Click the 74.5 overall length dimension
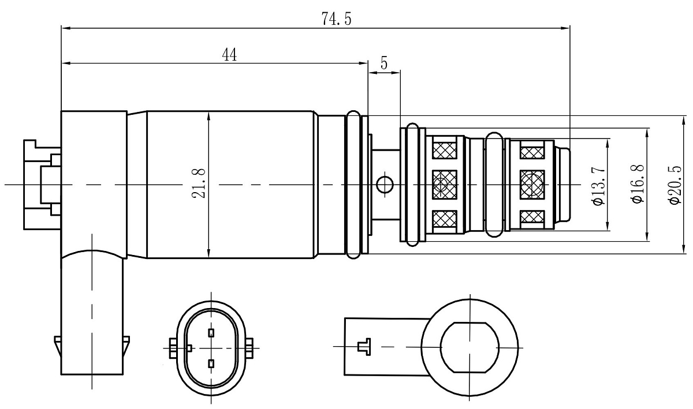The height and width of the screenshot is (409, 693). (x=337, y=19)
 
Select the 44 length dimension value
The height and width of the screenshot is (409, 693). (x=230, y=55)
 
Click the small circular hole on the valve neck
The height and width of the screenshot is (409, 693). (x=384, y=185)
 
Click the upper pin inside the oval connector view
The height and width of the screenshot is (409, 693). (x=211, y=332)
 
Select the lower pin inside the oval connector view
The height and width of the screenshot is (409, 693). (x=211, y=363)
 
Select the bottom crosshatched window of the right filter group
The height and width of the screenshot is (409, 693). (x=532, y=217)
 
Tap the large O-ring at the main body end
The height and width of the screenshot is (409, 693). (x=353, y=185)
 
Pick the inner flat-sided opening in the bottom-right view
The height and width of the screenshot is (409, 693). (x=469, y=347)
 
